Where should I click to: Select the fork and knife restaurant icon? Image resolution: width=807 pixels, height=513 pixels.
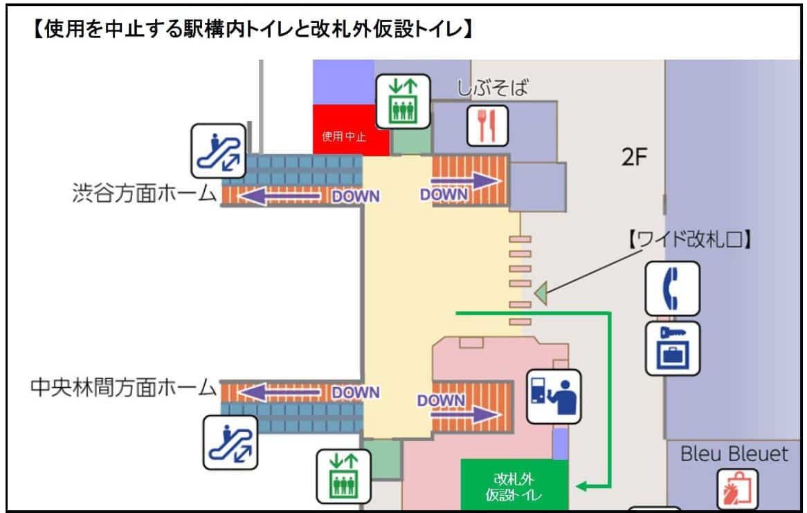(487, 126)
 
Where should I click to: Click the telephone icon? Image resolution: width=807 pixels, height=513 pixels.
(672, 288)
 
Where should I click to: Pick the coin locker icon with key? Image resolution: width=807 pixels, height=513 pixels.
(672, 348)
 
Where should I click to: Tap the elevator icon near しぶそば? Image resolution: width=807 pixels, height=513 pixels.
(402, 101)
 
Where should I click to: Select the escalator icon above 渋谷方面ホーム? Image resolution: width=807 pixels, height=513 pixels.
(219, 151)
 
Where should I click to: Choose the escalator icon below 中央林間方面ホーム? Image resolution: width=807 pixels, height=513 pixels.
(230, 442)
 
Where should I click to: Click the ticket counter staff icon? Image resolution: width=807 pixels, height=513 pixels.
(554, 396)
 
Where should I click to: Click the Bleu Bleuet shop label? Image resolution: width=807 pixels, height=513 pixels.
(734, 454)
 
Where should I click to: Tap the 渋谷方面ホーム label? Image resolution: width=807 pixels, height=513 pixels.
(145, 193)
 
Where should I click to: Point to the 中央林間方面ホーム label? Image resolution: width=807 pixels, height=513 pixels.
(124, 388)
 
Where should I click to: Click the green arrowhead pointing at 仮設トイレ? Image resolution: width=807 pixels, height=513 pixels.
(583, 486)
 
